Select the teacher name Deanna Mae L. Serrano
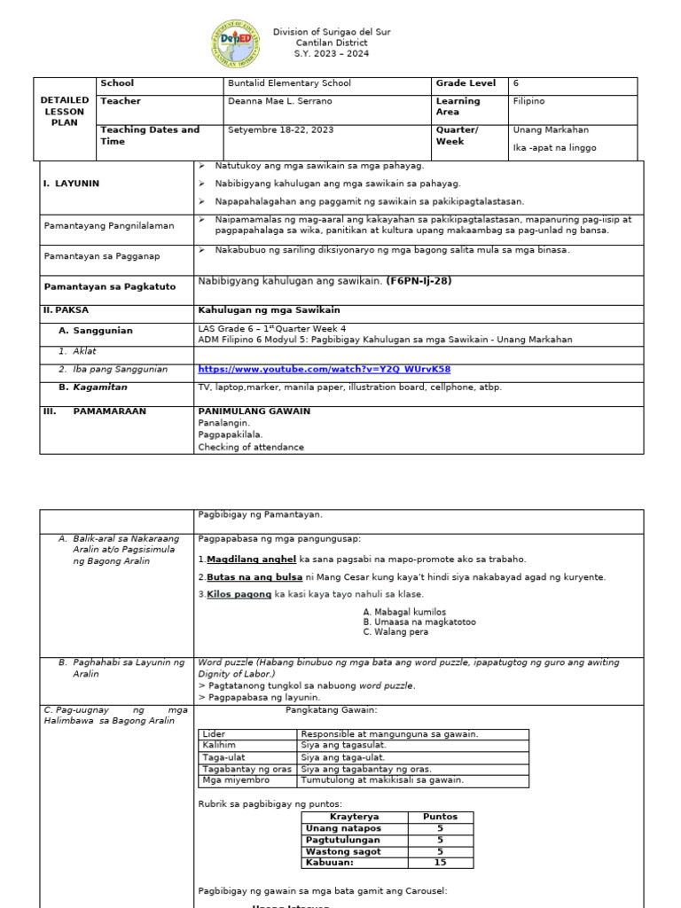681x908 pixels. coord(280,101)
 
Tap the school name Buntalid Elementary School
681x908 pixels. coord(289,83)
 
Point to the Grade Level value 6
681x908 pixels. coord(516,83)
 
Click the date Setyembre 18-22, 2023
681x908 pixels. coord(280,129)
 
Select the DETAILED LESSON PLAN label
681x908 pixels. coord(65,112)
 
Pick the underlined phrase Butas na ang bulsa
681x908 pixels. coord(250,576)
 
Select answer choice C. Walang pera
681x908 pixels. coord(396,632)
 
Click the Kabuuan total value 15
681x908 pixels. coord(440,862)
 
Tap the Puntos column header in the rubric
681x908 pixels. coord(440,817)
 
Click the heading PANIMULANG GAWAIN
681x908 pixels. coord(254,411)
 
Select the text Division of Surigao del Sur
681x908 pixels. coord(331,32)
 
